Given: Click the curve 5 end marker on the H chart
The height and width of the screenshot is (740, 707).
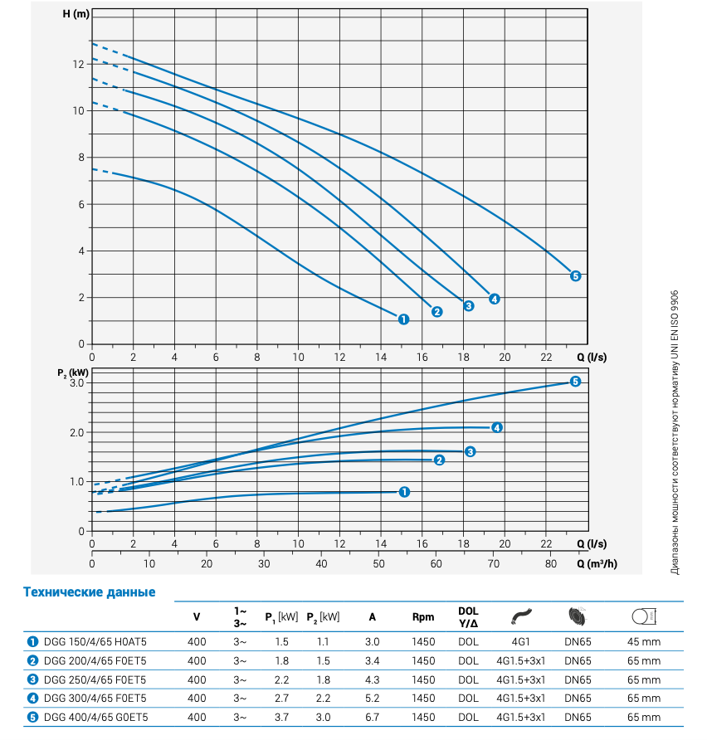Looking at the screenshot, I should tap(575, 276).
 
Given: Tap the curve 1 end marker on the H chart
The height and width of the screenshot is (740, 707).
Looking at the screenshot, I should tap(403, 319).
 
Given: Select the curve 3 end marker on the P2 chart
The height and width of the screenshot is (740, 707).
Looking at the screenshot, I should tap(470, 451).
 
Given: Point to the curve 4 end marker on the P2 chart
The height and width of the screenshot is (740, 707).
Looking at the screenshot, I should tap(496, 428).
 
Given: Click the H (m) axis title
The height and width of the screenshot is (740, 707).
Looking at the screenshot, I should tap(75, 15).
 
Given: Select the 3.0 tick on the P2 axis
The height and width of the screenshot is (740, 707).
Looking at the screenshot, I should tap(78, 383).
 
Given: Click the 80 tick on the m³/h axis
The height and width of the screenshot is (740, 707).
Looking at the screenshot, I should tap(551, 563).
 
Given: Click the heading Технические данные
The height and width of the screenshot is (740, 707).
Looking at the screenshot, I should tap(90, 592).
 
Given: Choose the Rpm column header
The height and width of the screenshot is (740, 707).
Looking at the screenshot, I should tap(423, 617).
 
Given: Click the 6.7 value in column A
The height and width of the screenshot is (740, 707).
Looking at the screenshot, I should tap(372, 718).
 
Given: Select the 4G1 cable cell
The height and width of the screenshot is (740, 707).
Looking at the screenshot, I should tap(522, 641).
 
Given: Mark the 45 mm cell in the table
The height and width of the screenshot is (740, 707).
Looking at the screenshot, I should tap(644, 641).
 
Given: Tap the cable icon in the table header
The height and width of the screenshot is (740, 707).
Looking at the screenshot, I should tap(522, 616).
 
